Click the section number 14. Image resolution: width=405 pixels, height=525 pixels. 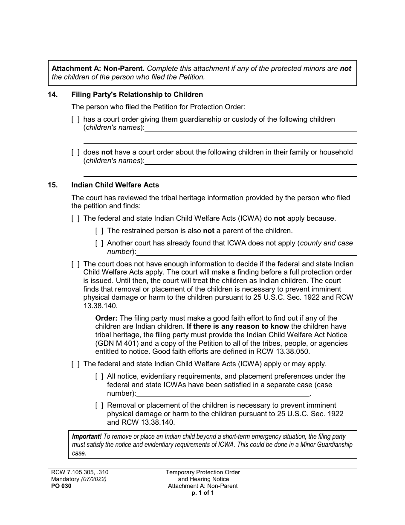(52, 94)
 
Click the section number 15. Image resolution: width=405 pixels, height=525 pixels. (52, 185)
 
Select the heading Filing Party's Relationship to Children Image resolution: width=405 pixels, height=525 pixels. (137, 94)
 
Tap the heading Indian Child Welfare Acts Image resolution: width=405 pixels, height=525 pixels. (115, 185)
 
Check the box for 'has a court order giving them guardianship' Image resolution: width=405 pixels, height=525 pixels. (75, 120)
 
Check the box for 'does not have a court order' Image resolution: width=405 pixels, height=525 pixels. (75, 152)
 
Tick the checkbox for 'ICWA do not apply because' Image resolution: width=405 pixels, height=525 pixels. (75, 219)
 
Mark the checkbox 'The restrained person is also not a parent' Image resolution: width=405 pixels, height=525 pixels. (99, 231)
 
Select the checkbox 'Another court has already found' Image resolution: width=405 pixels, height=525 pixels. (99, 243)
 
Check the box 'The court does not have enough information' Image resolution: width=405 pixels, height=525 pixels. (75, 264)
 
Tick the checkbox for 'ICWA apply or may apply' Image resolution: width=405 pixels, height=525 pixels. (75, 364)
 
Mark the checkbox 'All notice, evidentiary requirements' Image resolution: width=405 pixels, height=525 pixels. (99, 376)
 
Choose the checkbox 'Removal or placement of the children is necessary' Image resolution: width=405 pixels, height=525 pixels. (99, 405)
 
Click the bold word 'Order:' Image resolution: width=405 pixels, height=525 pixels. (107, 318)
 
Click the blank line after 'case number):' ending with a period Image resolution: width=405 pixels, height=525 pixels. (223, 394)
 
